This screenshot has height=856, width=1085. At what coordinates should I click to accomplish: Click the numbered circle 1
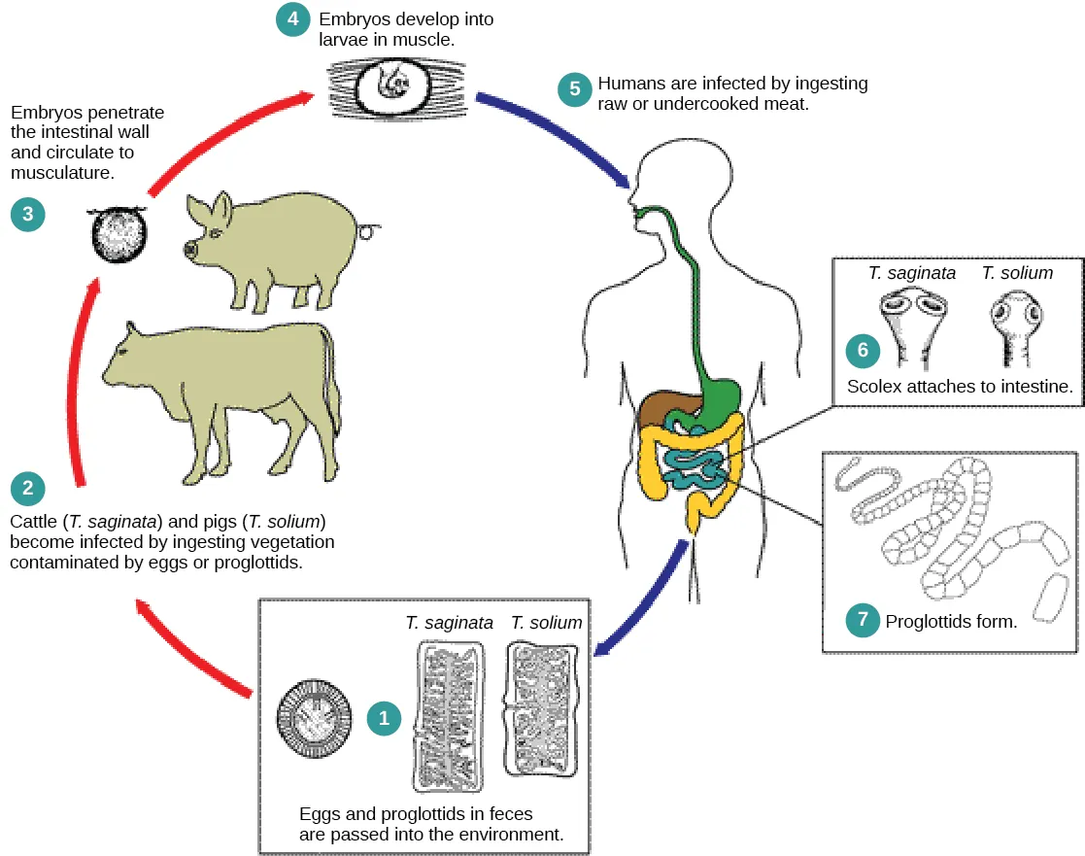(384, 718)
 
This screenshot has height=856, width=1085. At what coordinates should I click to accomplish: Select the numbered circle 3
(28, 214)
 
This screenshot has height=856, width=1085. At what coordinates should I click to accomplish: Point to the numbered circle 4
(294, 18)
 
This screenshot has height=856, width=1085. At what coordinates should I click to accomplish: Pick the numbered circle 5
(574, 89)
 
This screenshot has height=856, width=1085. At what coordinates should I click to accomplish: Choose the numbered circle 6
(863, 349)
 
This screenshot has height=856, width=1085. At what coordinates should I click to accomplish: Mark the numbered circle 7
(863, 620)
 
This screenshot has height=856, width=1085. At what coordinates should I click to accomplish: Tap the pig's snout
(189, 250)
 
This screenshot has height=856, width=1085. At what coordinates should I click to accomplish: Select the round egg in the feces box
(314, 720)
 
